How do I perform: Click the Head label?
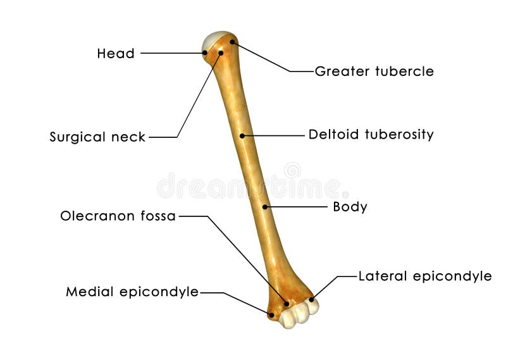pyautogui.click(x=116, y=54)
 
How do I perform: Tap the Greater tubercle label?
pyautogui.click(x=374, y=71)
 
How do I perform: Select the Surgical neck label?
pyautogui.click(x=97, y=137)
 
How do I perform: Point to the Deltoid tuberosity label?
pyautogui.click(x=371, y=135)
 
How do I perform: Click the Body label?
pyautogui.click(x=350, y=207)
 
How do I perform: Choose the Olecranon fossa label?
pyautogui.click(x=118, y=216)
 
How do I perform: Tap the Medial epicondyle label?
pyautogui.click(x=132, y=292)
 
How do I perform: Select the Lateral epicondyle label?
pyautogui.click(x=425, y=276)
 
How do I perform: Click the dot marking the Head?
pyautogui.click(x=205, y=53)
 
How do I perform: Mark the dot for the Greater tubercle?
pyautogui.click(x=232, y=42)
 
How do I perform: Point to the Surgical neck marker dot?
pyautogui.click(x=221, y=53)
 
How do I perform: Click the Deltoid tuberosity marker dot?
pyautogui.click(x=242, y=135)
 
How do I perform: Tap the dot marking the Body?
pyautogui.click(x=265, y=207)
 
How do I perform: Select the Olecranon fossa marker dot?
pyautogui.click(x=287, y=304)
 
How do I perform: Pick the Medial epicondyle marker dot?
pyautogui.click(x=271, y=314)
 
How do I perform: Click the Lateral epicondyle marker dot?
pyautogui.click(x=311, y=299)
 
